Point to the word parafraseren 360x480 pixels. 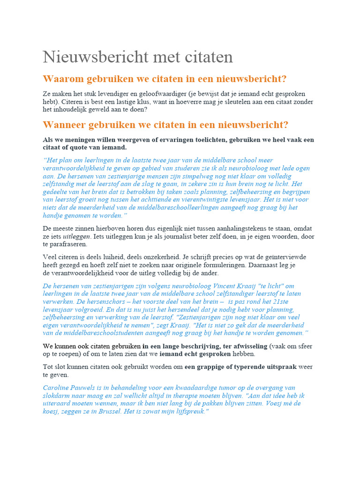click(68, 244)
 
